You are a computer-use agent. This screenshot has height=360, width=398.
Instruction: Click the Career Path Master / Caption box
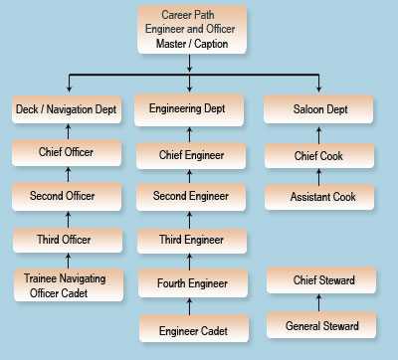tap(190, 30)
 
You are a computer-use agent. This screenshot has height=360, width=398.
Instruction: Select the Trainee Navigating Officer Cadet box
tap(68, 285)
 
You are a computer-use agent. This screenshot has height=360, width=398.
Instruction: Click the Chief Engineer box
tap(190, 154)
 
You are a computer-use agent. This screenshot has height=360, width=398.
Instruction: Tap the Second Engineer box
tap(190, 197)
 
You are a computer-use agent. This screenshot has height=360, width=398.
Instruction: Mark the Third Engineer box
tap(190, 240)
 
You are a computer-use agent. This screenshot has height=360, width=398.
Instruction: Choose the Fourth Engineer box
tap(190, 283)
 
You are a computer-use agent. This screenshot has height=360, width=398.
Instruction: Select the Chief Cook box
tap(318, 154)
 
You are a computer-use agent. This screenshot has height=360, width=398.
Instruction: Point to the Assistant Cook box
tap(318, 197)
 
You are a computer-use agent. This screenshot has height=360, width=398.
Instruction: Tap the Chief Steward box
tap(318, 281)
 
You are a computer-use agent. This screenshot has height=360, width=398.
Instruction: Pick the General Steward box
tap(318, 325)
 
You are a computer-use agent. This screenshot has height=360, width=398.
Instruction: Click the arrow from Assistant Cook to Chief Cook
tap(318, 176)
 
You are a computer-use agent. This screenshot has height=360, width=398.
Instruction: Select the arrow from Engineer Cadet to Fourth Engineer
tap(190, 306)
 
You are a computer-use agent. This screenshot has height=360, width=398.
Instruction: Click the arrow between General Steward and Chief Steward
tap(318, 303)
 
